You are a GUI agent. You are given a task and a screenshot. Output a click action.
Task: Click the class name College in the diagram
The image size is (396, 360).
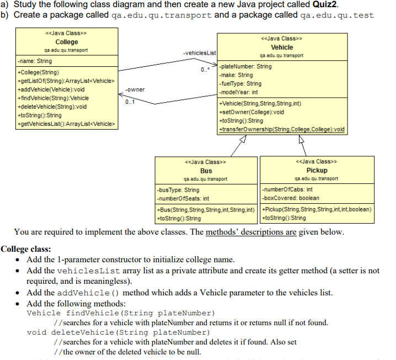point(67,42)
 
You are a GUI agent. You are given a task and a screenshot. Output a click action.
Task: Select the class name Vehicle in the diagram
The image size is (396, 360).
point(282,47)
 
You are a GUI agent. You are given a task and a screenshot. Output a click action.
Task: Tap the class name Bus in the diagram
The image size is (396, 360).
point(206,171)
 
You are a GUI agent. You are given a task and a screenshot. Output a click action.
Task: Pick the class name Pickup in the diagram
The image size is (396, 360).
point(317,171)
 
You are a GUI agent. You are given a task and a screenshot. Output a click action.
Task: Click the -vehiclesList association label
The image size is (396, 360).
point(197,52)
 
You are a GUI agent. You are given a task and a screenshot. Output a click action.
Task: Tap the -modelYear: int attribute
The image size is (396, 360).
point(239,92)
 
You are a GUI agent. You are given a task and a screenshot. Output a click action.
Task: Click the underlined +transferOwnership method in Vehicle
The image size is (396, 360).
point(282,129)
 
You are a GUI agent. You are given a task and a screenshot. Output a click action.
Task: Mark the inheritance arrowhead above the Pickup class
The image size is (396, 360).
point(302,139)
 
